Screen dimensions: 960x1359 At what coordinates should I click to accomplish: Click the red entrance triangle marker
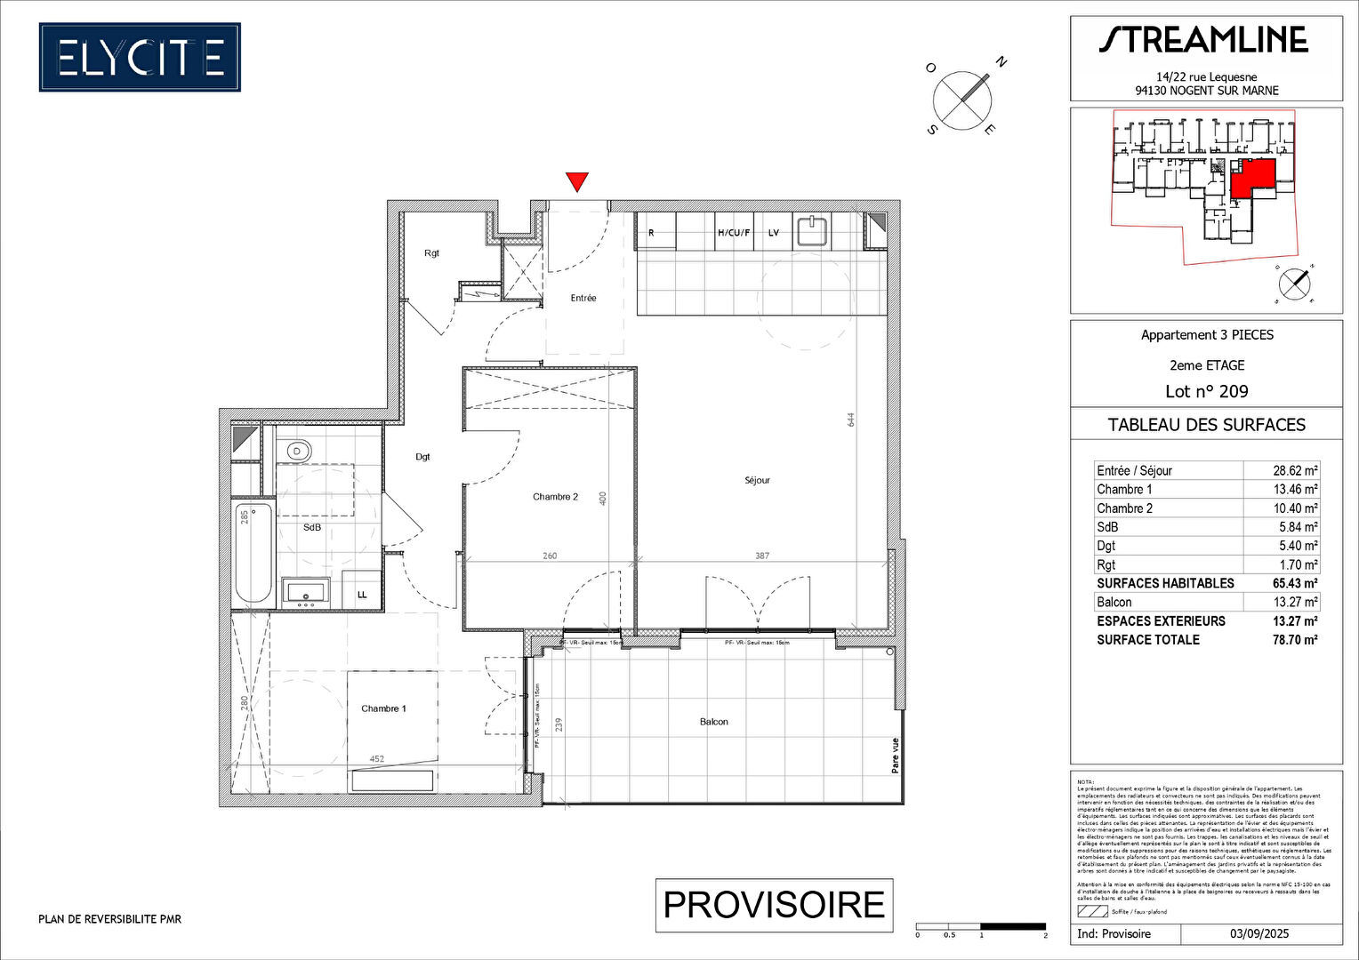coord(577,181)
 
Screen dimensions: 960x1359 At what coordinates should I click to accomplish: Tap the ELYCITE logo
coord(140,58)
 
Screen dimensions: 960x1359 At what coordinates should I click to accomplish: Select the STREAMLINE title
coord(1203,40)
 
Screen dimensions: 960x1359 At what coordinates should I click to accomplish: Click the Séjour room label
coord(757,481)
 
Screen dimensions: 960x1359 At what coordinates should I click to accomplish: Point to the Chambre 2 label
coord(555,497)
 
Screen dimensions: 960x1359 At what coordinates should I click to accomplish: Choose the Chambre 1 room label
coord(383,708)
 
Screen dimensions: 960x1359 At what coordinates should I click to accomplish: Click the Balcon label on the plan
coord(713,722)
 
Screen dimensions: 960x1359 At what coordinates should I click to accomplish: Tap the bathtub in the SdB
coord(253,552)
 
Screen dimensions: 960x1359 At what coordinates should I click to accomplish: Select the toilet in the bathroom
coord(296,452)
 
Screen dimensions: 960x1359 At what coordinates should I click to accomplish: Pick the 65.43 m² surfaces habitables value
coord(1295,583)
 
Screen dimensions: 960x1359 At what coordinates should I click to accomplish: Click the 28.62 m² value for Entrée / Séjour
coord(1295,471)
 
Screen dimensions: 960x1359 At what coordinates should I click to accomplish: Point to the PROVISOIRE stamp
coord(774,905)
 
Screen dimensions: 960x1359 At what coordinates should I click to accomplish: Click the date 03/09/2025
coord(1259,933)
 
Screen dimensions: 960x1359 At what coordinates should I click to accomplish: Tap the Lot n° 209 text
coord(1206,391)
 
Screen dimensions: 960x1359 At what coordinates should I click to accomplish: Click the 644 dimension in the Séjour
coord(850,419)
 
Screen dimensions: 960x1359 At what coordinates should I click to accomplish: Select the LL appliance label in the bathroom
coord(362,595)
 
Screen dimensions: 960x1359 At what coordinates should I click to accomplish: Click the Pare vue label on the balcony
coord(895,756)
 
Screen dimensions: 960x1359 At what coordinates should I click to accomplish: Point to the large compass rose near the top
coord(962,100)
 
